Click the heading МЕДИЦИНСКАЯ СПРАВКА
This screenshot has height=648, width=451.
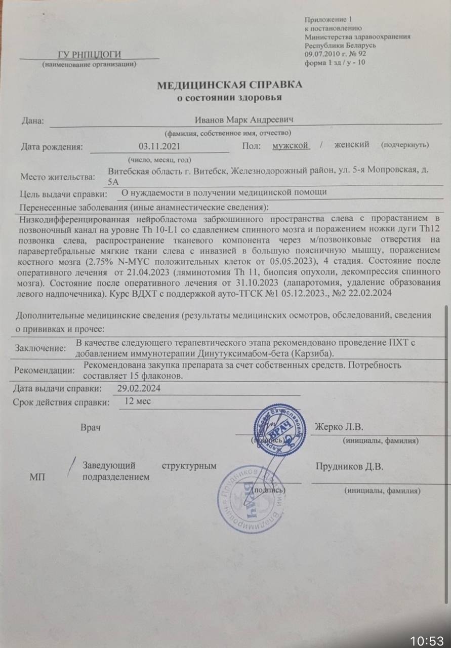229,85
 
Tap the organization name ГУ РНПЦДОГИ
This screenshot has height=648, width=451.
89,55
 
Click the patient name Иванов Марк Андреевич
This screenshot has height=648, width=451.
245,119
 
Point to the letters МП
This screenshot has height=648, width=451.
37,477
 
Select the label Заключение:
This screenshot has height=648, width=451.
40,348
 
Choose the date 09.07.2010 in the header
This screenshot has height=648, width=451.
323,54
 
